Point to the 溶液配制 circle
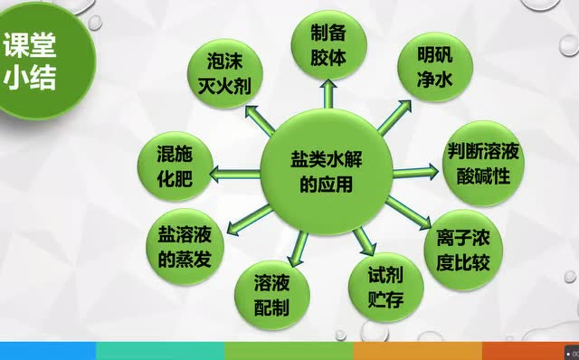click(x=271, y=296)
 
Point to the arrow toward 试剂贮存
click(x=364, y=240)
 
